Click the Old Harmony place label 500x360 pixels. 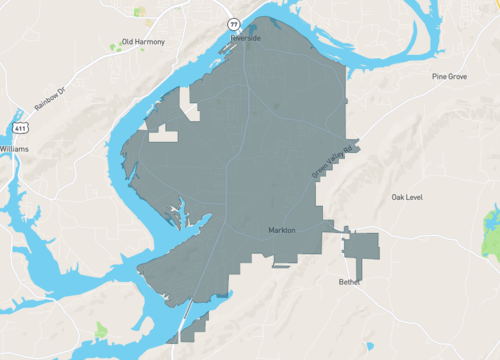coord(141,43)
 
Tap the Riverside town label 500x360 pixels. coord(245,38)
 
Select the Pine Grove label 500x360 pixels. coord(450,76)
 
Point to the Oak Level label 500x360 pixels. coord(407,197)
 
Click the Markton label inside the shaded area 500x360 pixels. coord(283,230)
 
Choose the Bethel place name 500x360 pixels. coord(347,282)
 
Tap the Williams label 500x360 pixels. coord(14,148)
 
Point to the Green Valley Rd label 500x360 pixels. coord(334,163)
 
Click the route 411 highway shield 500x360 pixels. coord(21,128)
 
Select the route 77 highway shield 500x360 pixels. coord(233,21)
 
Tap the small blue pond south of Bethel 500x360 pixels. coord(371,347)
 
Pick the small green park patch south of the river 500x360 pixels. coord(101,329)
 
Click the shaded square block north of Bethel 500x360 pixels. coord(362,246)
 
